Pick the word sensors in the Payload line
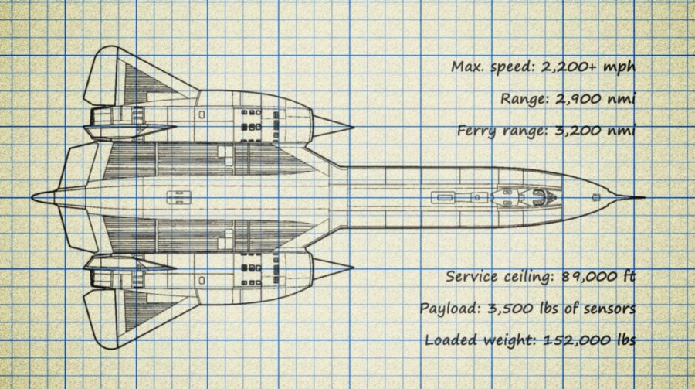(x=607, y=309)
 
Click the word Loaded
(x=450, y=340)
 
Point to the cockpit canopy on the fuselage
(x=533, y=197)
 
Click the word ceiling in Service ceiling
(x=524, y=277)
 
